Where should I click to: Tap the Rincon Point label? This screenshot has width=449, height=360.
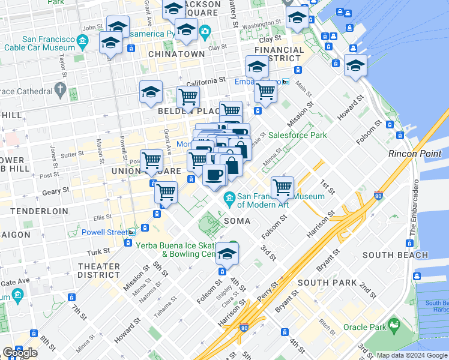[415, 154]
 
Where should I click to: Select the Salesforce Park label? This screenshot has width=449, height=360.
[297, 135]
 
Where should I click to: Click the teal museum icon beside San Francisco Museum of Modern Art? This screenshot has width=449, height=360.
[229, 197]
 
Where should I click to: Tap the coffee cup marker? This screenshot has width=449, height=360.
[214, 175]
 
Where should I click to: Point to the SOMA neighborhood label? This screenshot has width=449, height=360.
[237, 221]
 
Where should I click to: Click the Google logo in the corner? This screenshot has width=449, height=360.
[20, 352]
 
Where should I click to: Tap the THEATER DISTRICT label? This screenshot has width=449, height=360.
[99, 271]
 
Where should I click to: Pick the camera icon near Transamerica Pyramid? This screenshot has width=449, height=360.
[205, 31]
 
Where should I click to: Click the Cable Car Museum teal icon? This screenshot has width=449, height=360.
[83, 43]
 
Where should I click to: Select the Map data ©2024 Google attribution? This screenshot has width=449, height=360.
[411, 355]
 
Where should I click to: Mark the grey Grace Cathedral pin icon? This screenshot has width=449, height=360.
[59, 91]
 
